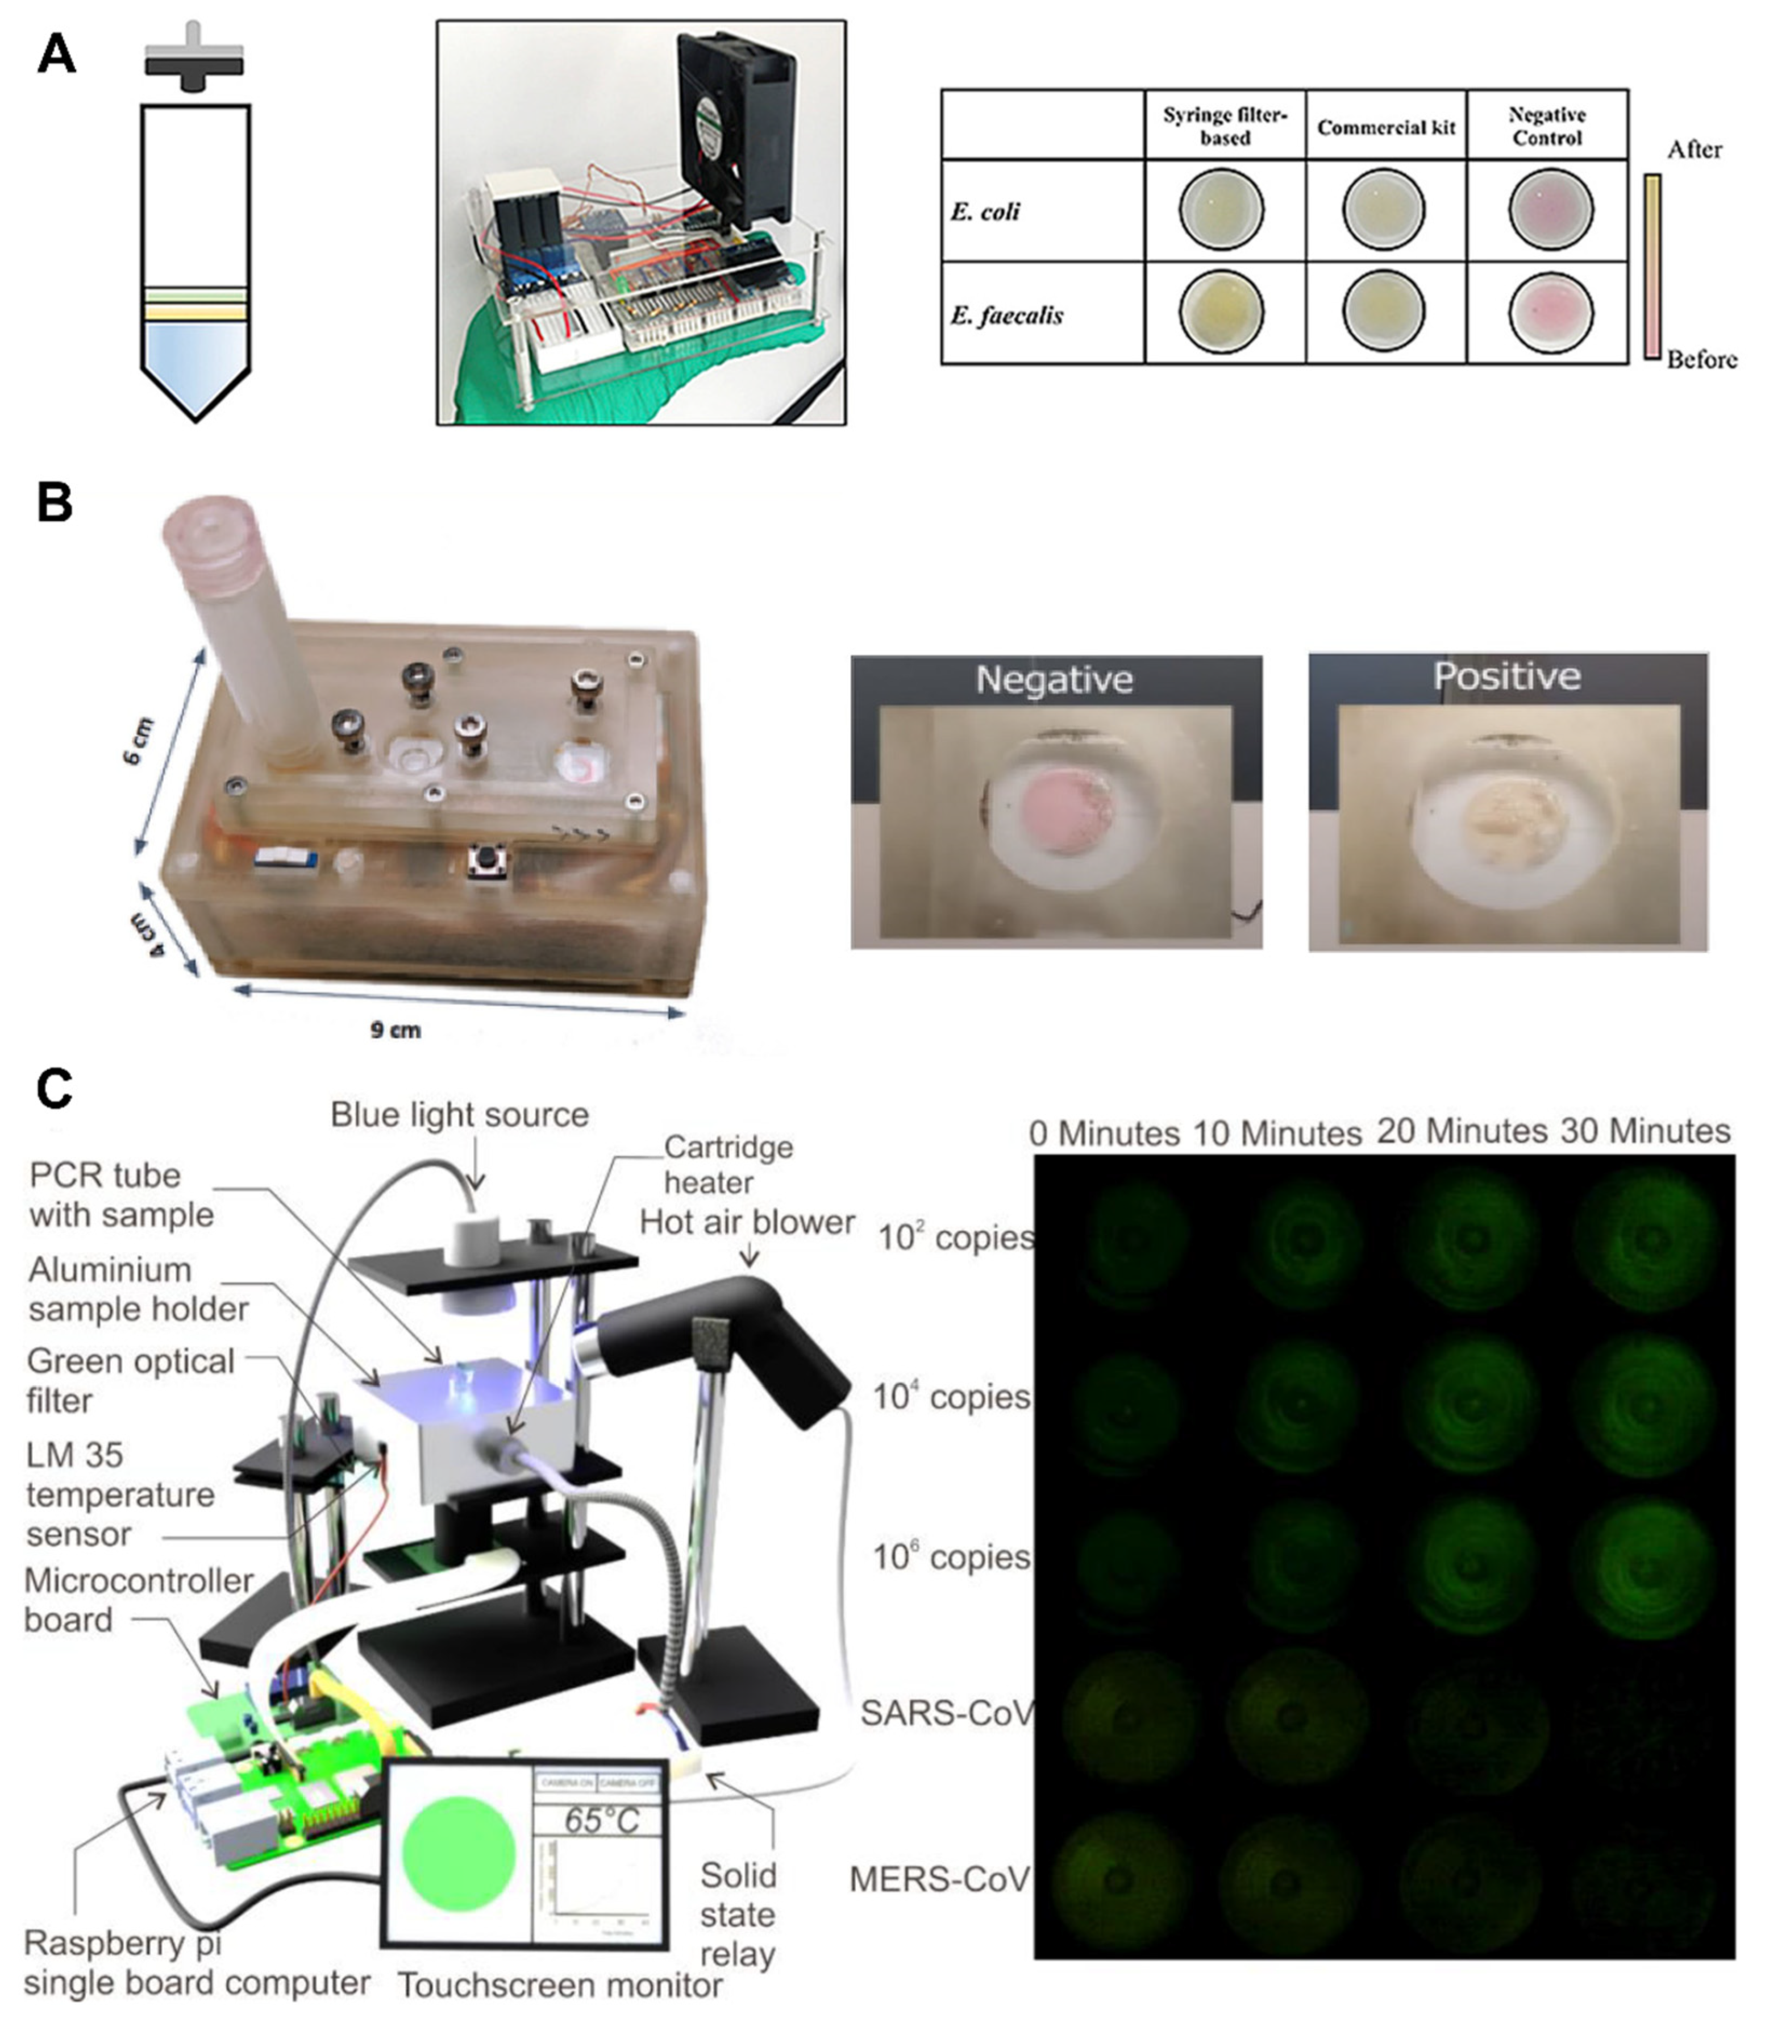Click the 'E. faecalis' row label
(1006, 315)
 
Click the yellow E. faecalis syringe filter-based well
(1221, 312)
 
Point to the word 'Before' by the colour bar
(1701, 360)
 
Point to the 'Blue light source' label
(459, 1115)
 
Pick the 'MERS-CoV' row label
(939, 1879)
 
